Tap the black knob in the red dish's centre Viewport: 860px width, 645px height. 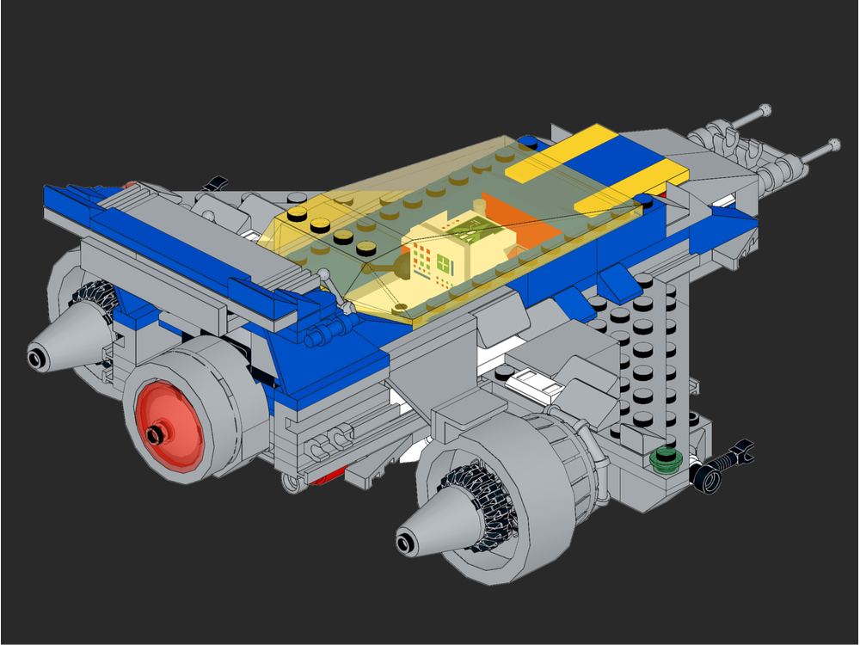(x=155, y=434)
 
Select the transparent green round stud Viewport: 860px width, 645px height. (x=665, y=458)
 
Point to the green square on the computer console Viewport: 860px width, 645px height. (x=445, y=261)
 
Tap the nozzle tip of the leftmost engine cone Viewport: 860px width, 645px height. (x=37, y=356)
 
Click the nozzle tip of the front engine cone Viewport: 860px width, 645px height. (x=405, y=542)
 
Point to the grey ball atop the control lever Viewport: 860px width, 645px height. (x=323, y=274)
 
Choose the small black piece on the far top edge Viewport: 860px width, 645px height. (x=216, y=182)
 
